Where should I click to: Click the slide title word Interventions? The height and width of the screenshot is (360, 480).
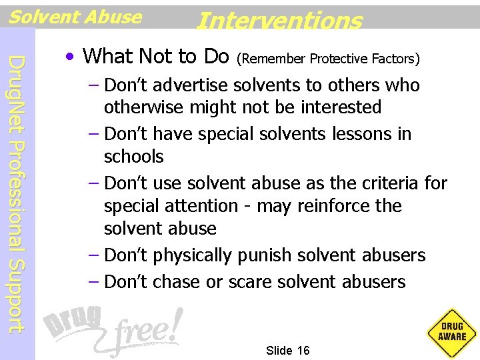pyautogui.click(x=279, y=21)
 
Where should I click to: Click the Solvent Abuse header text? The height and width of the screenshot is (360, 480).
pyautogui.click(x=75, y=17)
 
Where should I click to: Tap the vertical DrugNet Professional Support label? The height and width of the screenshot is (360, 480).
pyautogui.click(x=19, y=193)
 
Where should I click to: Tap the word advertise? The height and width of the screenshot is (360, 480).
pyautogui.click(x=191, y=85)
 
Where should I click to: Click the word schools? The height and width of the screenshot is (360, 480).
pyautogui.click(x=133, y=156)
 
